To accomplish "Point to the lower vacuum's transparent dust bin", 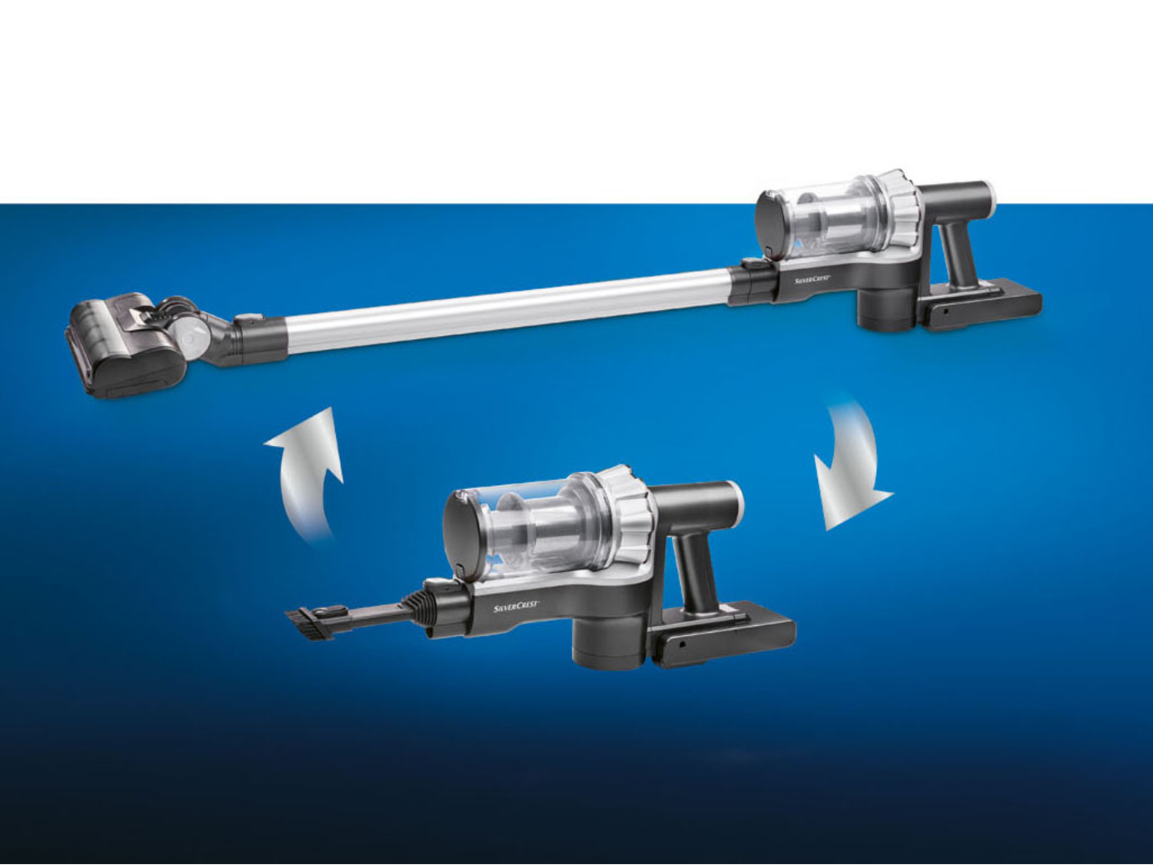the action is [x=541, y=525].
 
